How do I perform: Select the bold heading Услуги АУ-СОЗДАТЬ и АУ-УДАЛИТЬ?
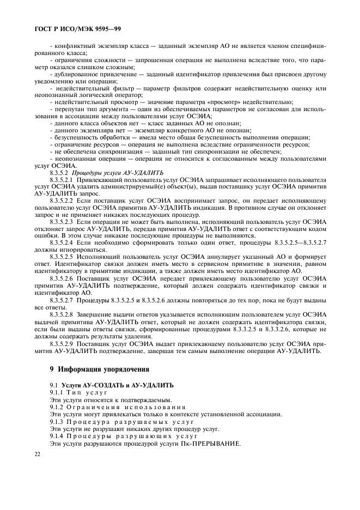coord(117,386)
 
